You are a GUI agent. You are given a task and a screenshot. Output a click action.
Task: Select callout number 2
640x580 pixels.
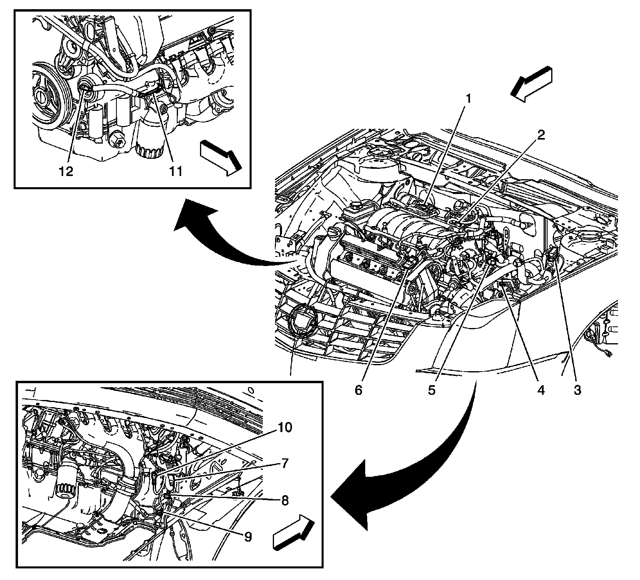[x=540, y=135]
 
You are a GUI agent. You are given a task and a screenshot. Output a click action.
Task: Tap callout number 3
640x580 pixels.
[x=577, y=390]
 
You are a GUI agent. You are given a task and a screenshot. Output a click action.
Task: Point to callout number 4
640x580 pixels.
[x=541, y=390]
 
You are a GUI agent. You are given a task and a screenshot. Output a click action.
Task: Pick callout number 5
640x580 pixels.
[x=432, y=390]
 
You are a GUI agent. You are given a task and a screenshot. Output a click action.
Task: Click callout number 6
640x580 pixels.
[x=358, y=390]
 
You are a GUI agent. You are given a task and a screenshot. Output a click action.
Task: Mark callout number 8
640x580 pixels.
[x=284, y=500]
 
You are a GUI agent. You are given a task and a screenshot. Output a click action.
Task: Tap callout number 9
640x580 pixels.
[x=248, y=536]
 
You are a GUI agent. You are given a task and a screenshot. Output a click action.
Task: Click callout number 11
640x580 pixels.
[x=175, y=171]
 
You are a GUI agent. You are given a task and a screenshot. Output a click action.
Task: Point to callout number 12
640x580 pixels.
[x=66, y=171]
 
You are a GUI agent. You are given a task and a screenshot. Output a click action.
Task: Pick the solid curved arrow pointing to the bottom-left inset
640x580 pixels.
[x=404, y=468]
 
